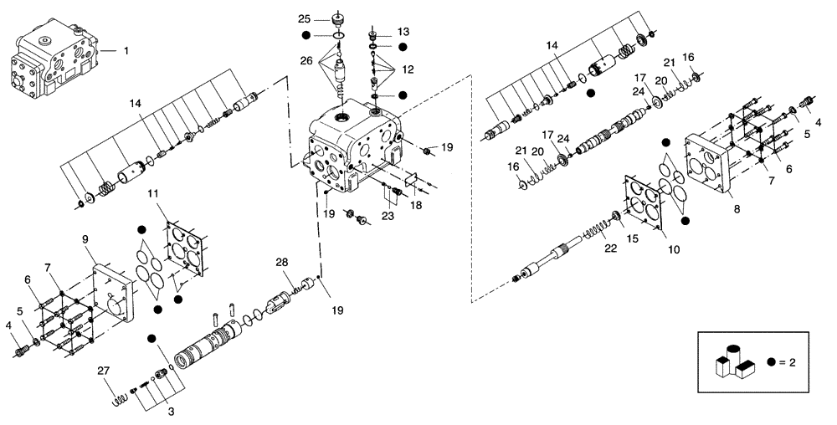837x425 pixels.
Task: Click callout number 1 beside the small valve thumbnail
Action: (126, 51)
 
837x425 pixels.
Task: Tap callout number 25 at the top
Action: (303, 18)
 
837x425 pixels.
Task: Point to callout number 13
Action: (403, 30)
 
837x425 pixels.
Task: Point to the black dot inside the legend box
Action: (771, 363)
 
